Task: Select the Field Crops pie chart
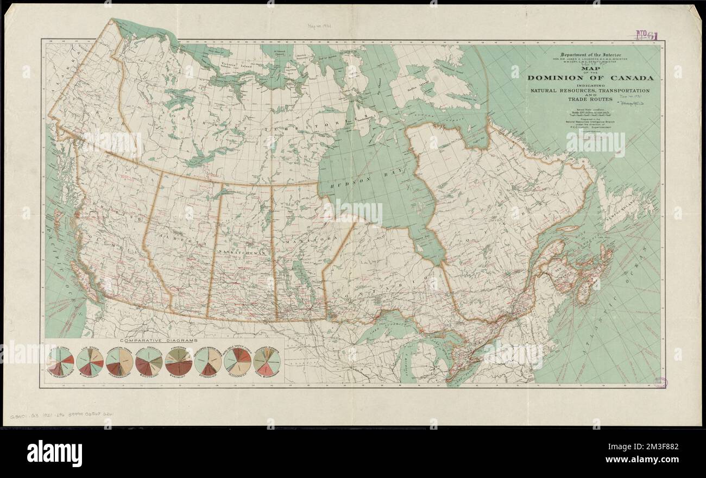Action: point(60,361)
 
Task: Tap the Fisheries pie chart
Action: point(178,361)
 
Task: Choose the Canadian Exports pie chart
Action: point(267,361)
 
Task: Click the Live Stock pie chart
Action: point(90,361)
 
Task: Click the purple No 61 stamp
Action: point(646,36)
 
